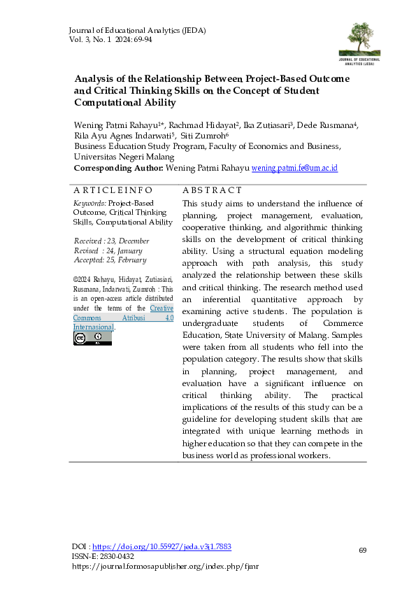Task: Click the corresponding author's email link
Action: [x=294, y=169]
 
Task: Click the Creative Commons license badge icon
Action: [x=92, y=339]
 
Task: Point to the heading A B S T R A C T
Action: [x=212, y=190]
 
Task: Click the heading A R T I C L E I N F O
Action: [x=113, y=190]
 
